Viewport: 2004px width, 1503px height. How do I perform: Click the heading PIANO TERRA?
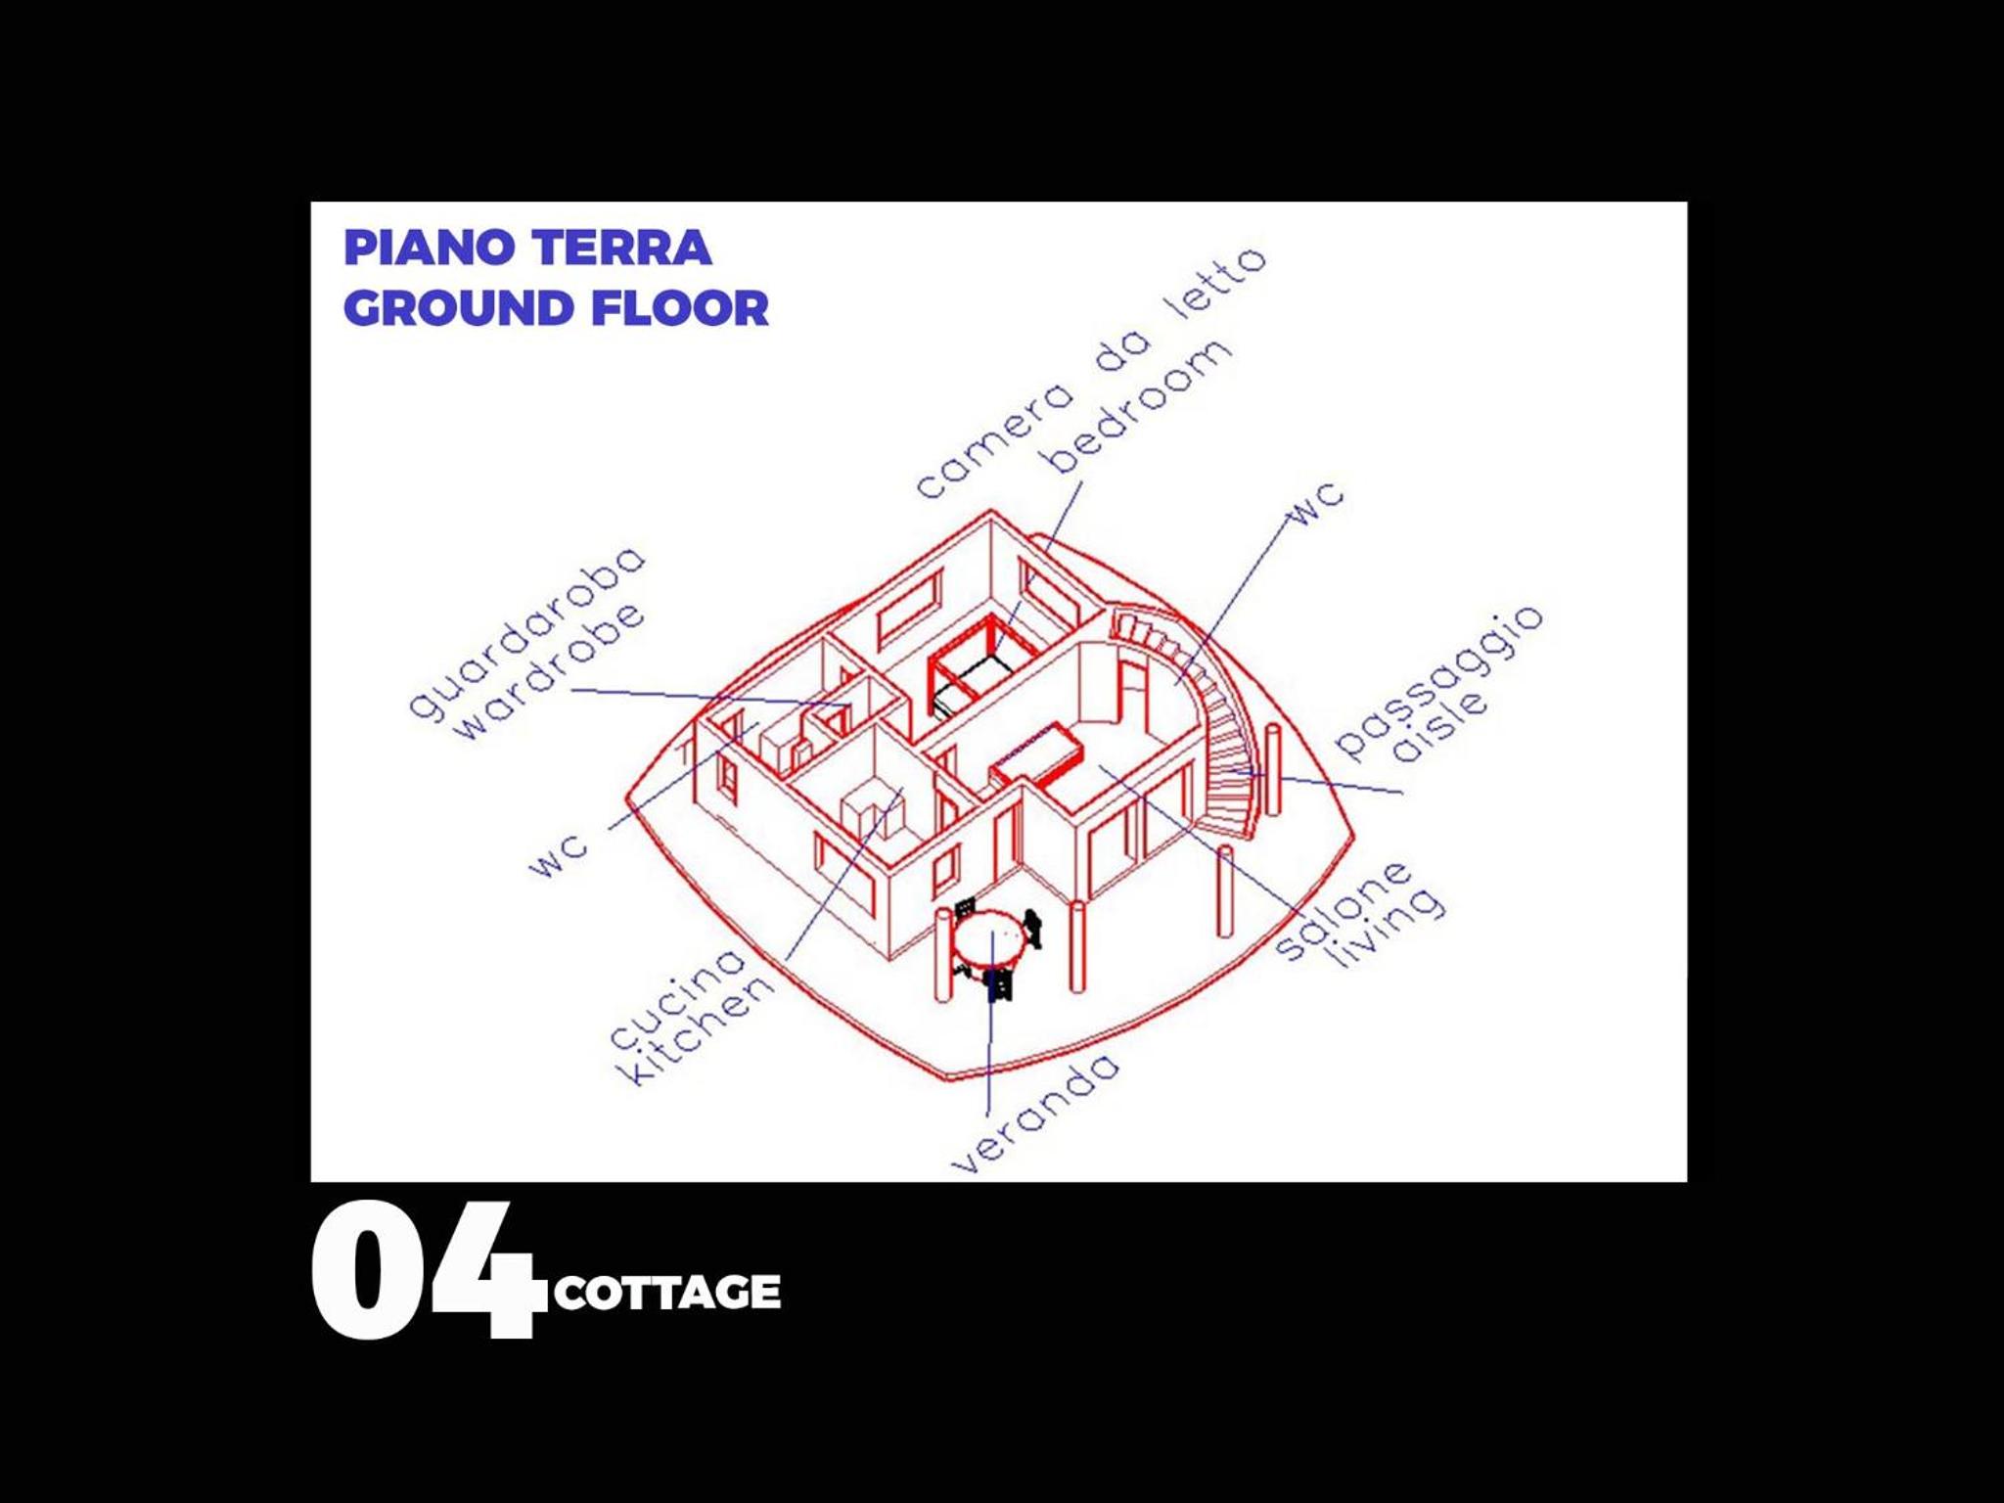click(527, 248)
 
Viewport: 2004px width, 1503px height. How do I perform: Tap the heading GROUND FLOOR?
click(556, 308)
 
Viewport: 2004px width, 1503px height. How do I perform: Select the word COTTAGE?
click(667, 1292)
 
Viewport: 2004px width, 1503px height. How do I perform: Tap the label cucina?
click(677, 998)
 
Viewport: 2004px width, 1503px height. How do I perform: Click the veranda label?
click(1035, 1114)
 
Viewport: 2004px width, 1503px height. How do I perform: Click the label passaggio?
click(1438, 681)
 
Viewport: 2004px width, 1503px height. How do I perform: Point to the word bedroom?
click(1138, 406)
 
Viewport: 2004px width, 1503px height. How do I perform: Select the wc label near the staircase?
click(1317, 503)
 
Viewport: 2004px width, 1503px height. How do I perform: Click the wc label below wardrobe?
click(559, 854)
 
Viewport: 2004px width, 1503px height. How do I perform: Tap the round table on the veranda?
click(988, 937)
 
